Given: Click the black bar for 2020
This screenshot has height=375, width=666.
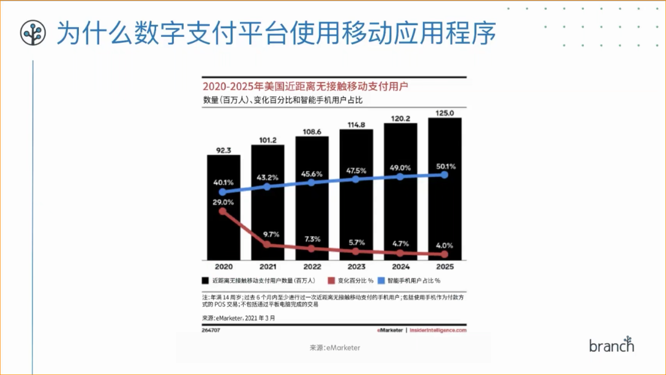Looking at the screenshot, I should [x=223, y=207].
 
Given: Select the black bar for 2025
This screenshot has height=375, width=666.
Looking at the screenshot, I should [x=445, y=188].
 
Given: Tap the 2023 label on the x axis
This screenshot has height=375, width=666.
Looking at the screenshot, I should [x=356, y=267].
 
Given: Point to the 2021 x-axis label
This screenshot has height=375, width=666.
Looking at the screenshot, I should [x=267, y=267].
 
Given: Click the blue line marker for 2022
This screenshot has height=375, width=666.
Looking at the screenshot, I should [x=311, y=183].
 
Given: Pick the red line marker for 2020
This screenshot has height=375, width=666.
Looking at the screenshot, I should [x=223, y=212].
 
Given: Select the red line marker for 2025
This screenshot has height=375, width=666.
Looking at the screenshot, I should [x=445, y=254].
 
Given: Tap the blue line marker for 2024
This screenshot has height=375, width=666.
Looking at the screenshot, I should [x=400, y=176].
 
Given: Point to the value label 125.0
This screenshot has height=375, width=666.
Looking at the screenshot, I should [x=445, y=113].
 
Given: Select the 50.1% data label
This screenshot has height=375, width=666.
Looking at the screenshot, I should [x=445, y=166].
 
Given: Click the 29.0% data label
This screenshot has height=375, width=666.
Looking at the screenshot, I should [x=223, y=202].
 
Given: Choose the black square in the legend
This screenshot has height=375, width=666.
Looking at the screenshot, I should [x=205, y=281].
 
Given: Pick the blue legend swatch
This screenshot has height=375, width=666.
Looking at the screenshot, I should [x=382, y=281].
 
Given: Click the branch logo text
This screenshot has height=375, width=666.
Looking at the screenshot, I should [x=611, y=345].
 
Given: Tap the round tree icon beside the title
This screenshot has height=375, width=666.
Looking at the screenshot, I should [x=33, y=33].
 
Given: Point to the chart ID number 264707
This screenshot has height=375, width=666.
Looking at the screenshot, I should [x=212, y=331].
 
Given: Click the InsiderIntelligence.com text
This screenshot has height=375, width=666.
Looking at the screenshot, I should [x=438, y=331].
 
